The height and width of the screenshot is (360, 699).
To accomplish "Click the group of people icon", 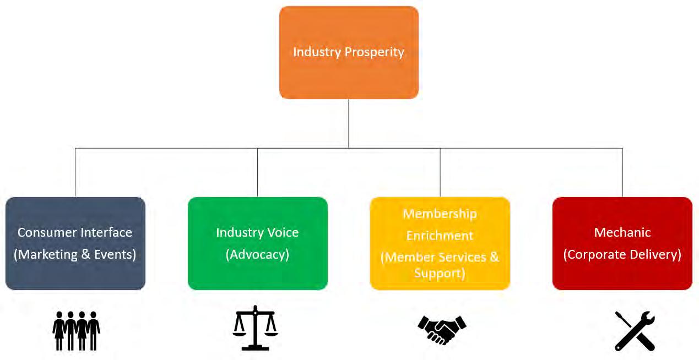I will (x=76, y=330).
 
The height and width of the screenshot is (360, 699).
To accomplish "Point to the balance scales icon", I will (x=255, y=328).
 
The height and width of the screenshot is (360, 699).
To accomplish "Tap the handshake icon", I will (x=442, y=329).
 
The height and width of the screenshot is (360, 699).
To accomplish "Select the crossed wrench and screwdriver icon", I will (x=635, y=330).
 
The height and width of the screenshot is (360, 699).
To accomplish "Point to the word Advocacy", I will (x=257, y=254).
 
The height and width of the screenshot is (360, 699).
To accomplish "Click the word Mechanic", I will (x=622, y=232).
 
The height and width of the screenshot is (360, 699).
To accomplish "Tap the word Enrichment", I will (x=440, y=236).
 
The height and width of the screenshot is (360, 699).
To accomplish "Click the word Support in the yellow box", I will (x=440, y=273).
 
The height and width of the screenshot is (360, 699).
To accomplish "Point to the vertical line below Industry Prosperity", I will (x=349, y=124).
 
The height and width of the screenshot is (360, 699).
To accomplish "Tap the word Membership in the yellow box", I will (x=440, y=214).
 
